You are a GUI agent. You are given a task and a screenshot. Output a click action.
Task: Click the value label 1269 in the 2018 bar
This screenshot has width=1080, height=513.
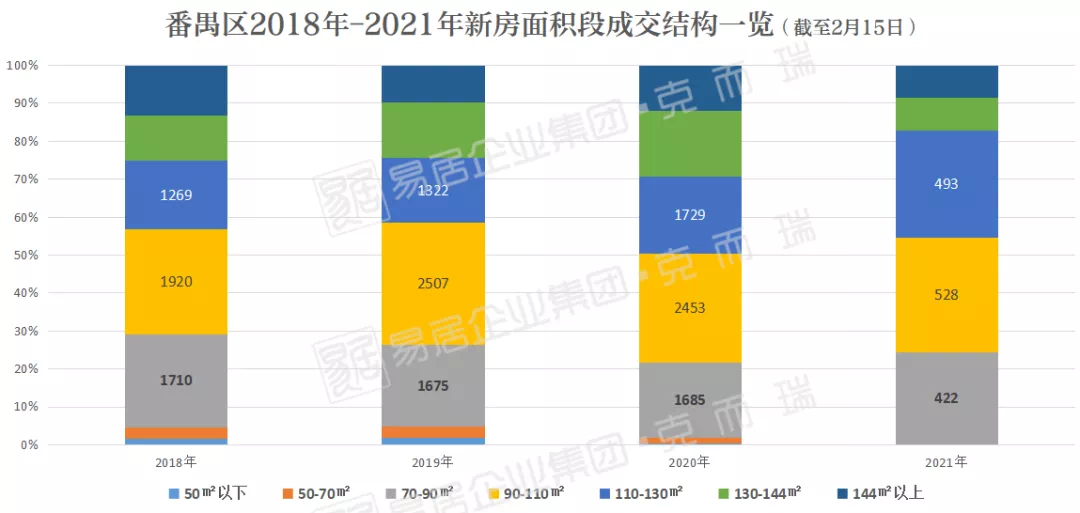click(x=176, y=195)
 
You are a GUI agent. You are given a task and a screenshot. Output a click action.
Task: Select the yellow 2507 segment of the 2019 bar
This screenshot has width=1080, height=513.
click(x=433, y=283)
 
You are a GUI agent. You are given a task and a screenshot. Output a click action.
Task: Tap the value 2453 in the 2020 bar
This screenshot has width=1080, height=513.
click(x=690, y=308)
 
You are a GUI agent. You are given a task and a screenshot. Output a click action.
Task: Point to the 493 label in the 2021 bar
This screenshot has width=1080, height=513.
click(x=946, y=184)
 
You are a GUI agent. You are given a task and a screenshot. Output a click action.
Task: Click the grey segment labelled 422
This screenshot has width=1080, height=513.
click(x=946, y=398)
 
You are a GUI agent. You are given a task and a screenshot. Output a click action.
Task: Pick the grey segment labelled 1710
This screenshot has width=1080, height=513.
click(x=176, y=380)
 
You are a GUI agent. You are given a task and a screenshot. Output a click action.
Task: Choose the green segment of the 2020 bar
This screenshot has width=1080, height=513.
click(x=690, y=144)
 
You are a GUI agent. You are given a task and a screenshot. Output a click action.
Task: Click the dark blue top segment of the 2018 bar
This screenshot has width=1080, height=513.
click(x=176, y=90)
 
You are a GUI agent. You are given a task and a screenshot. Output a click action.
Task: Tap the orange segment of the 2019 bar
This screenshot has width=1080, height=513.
click(x=433, y=432)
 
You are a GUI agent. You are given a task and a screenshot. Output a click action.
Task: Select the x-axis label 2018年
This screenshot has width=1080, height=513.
click(x=176, y=463)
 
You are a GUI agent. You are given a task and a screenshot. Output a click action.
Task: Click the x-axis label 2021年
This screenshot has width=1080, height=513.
click(x=946, y=462)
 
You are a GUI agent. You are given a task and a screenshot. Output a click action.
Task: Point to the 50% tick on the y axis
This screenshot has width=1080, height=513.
click(x=23, y=255)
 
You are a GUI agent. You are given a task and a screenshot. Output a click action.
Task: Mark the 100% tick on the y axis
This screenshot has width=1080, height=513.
click(x=21, y=66)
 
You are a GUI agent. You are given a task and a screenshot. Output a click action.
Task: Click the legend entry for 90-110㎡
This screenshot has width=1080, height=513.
click(x=527, y=492)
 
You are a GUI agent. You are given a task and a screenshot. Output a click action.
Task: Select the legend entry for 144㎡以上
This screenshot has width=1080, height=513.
click(x=888, y=492)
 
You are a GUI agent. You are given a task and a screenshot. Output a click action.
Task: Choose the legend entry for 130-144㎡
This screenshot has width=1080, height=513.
click(x=767, y=492)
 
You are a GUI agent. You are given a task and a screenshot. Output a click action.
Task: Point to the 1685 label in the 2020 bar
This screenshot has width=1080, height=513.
click(x=690, y=400)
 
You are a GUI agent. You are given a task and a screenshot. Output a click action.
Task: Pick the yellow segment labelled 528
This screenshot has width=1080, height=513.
click(x=946, y=295)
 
